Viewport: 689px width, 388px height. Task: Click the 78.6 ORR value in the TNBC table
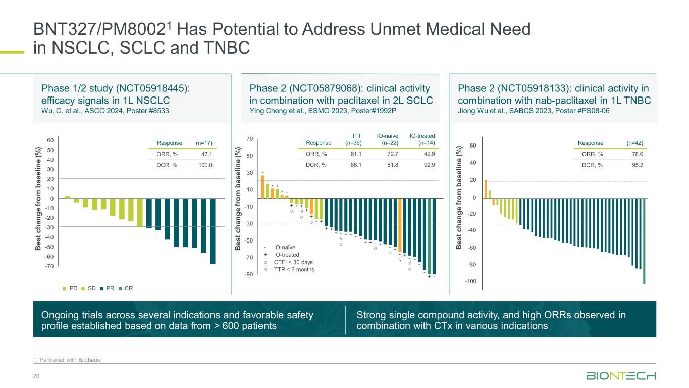click(639, 155)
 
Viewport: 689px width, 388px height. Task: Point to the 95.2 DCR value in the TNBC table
click(639, 165)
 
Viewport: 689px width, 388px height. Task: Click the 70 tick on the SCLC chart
click(249, 138)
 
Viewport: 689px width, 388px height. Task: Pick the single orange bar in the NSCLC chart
click(67, 197)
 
